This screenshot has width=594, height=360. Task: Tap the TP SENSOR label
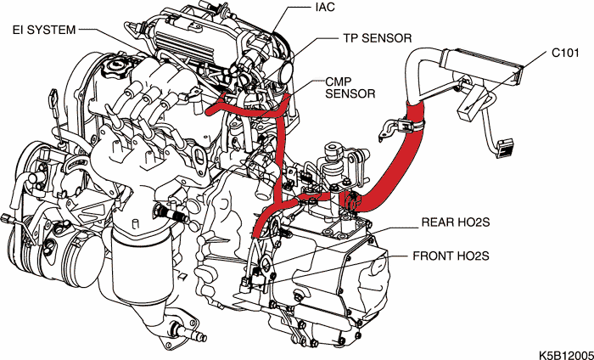[x=377, y=38]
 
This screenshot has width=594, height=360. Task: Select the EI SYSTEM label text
[x=43, y=30]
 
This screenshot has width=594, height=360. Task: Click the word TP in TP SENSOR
[x=350, y=38]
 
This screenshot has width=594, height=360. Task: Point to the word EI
[x=17, y=30]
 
